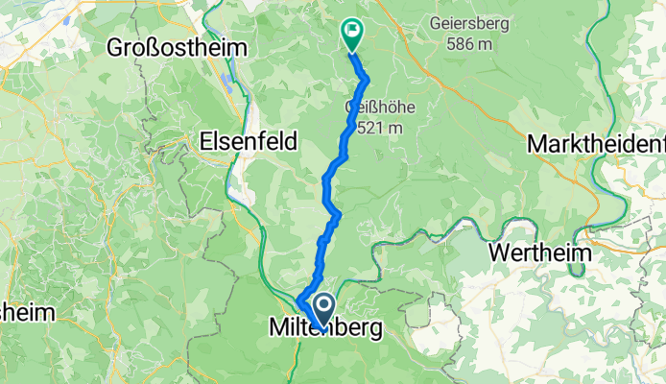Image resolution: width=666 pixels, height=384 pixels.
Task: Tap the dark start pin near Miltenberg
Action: point(323,308)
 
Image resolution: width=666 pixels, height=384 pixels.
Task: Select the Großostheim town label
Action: point(177,47)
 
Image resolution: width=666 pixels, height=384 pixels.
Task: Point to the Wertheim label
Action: point(543,253)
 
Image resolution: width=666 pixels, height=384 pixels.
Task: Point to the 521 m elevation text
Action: point(377,127)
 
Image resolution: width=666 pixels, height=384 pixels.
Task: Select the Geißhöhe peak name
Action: point(374,107)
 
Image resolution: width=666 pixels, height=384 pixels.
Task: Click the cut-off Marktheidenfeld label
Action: point(596,144)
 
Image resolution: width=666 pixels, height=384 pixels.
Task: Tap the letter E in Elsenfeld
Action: point(206,140)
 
